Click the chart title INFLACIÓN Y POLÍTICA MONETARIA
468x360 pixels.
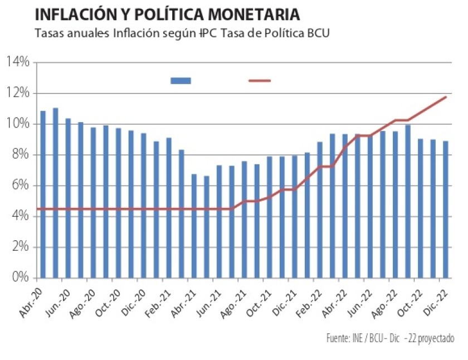(x=167, y=13)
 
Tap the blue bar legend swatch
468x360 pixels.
(x=181, y=81)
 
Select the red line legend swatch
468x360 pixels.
(x=259, y=81)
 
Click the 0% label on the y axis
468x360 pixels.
(x=20, y=277)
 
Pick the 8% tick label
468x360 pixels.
(x=20, y=154)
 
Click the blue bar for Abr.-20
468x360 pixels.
(x=43, y=194)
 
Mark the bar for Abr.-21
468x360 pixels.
(x=194, y=226)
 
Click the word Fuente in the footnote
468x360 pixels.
(x=338, y=338)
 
